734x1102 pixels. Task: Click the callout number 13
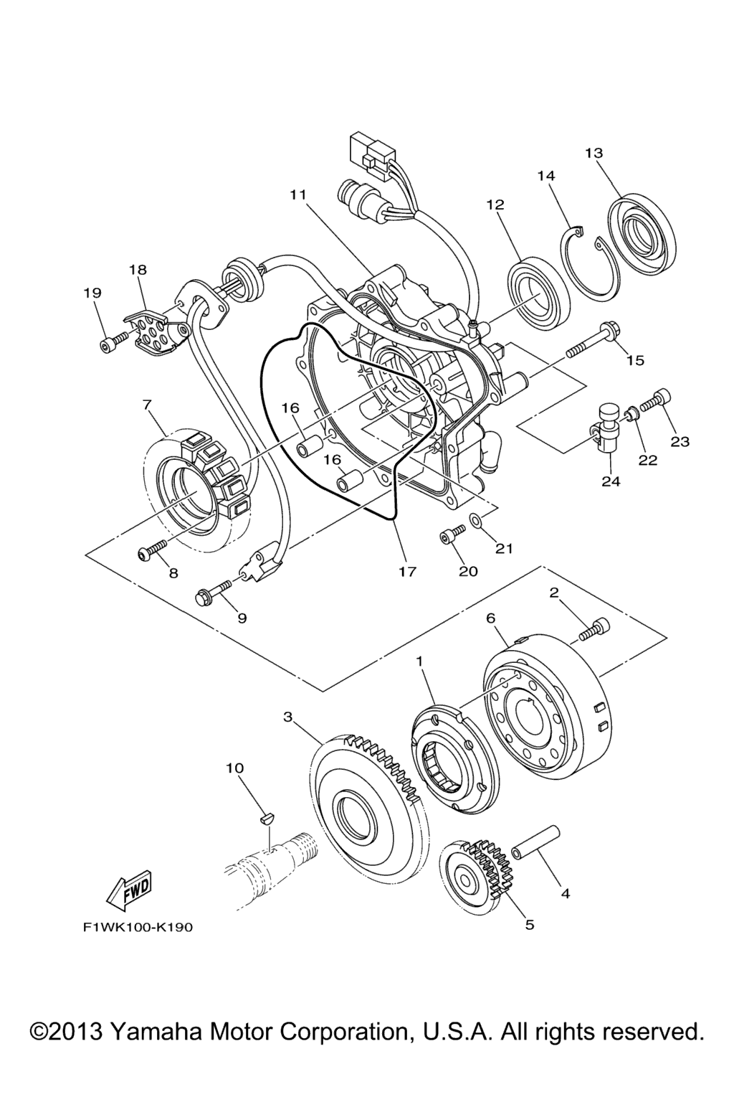coord(594,153)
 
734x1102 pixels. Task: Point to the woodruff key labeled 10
coord(267,816)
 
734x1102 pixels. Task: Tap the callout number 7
coord(148,405)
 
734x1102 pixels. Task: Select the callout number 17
coord(407,572)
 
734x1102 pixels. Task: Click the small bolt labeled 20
coord(450,535)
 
